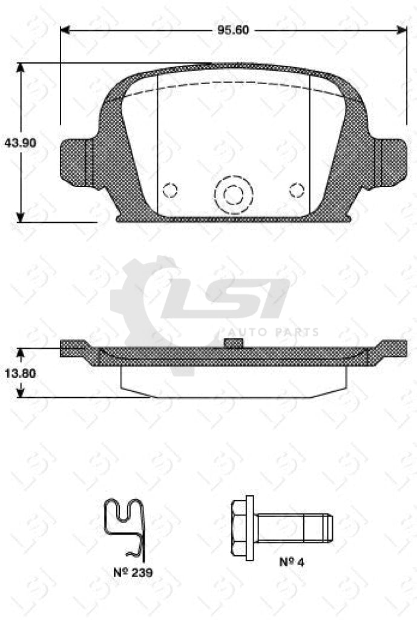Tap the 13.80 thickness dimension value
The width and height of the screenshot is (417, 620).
[x=20, y=374]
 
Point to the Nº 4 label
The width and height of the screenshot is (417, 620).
[x=291, y=562]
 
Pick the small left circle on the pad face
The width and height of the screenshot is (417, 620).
[x=171, y=190]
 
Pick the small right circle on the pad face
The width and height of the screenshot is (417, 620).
[x=296, y=190]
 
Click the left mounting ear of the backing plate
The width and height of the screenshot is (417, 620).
[x=77, y=160]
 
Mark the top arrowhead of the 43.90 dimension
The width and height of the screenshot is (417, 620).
[x=21, y=68]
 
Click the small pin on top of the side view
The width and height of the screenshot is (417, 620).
[x=234, y=343]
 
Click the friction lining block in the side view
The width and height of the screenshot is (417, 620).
[x=234, y=381]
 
